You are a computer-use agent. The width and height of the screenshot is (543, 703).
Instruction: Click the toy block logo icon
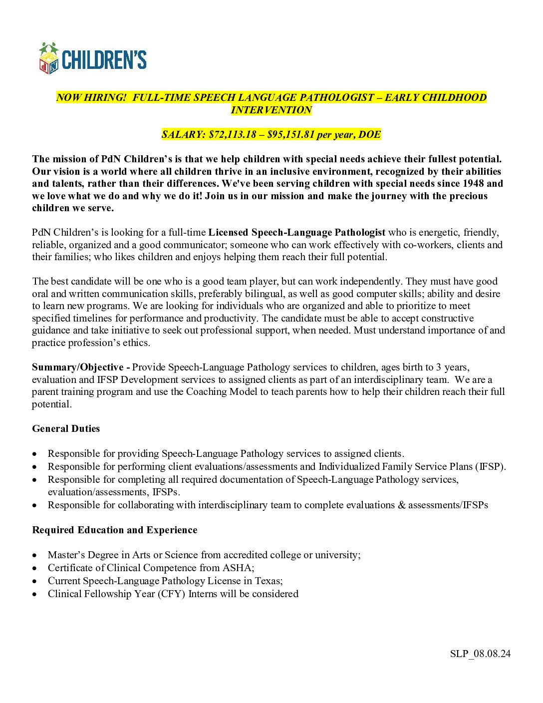pos(49,58)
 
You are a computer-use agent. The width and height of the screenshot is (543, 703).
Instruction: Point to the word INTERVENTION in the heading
pos(271,110)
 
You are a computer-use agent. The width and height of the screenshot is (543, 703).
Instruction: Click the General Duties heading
pos(66,428)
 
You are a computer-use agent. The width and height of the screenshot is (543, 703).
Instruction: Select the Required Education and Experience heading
pos(115,530)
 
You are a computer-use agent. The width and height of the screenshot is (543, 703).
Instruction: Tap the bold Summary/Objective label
pos(78,367)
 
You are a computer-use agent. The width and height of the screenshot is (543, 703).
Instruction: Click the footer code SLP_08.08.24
pos(480,654)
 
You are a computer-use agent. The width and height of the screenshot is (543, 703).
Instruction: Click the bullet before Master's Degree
pos(34,555)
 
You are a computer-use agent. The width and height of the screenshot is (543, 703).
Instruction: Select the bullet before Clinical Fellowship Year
pos(34,594)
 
